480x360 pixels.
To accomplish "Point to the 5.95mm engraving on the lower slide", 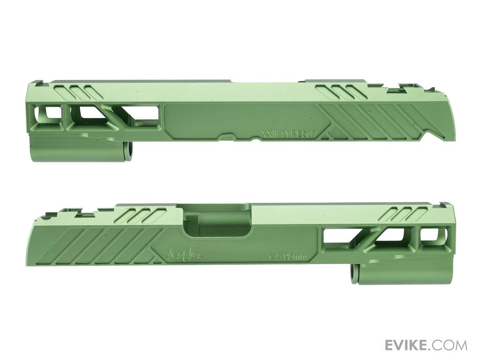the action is pyautogui.click(x=288, y=257).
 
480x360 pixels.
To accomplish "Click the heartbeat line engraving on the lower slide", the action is pyautogui.click(x=184, y=254).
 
